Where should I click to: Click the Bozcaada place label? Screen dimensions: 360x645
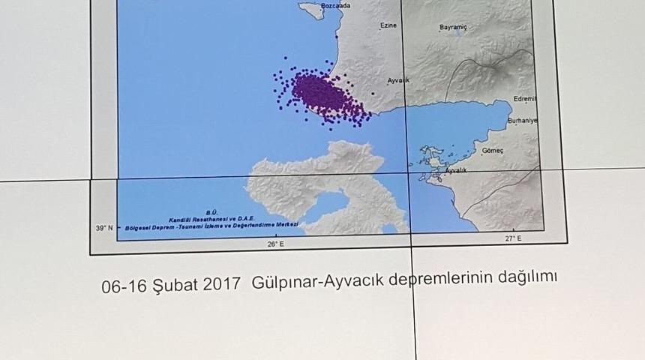click(335, 6)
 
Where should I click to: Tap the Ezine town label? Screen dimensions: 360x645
click(388, 25)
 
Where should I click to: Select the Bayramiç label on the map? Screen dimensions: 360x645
click(453, 28)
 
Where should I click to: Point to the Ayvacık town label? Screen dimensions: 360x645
click(398, 80)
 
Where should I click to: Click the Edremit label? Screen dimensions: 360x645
click(525, 99)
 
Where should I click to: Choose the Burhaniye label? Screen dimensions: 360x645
click(522, 121)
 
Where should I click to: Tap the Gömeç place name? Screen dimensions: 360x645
click(493, 150)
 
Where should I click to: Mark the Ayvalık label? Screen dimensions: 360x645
click(455, 171)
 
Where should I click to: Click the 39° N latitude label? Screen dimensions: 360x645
click(104, 227)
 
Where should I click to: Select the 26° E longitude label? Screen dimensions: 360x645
click(275, 243)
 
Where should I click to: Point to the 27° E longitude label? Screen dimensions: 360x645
click(512, 238)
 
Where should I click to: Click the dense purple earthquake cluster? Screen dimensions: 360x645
click(321, 93)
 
